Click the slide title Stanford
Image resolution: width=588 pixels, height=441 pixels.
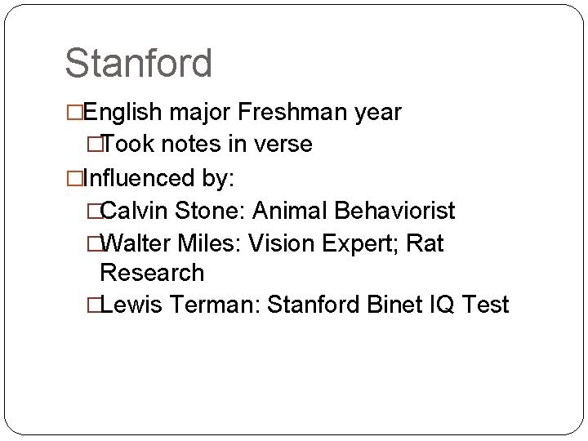(139, 64)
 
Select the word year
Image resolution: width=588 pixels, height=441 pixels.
(377, 113)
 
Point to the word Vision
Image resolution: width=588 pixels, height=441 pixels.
(288, 243)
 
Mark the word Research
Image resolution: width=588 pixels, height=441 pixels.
(151, 272)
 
